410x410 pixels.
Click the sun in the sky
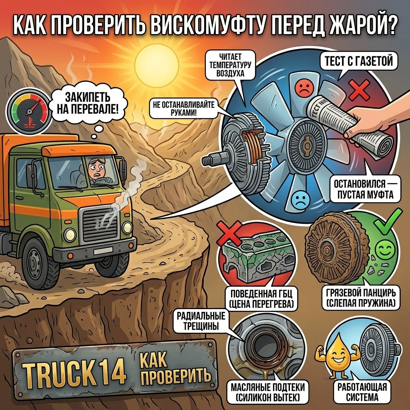coord(157,65)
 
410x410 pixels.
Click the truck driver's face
coord(94,169)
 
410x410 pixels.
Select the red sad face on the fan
coord(303,88)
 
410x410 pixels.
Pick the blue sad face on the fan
coord(300,199)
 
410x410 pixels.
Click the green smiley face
coord(385,248)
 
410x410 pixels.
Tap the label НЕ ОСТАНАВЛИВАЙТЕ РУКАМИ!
coord(183,109)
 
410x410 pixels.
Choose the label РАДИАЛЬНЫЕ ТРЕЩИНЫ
coord(201,321)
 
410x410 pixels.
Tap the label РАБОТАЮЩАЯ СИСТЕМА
coord(362,392)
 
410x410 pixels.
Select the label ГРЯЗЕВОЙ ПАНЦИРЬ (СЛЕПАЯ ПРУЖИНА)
coord(361,298)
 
